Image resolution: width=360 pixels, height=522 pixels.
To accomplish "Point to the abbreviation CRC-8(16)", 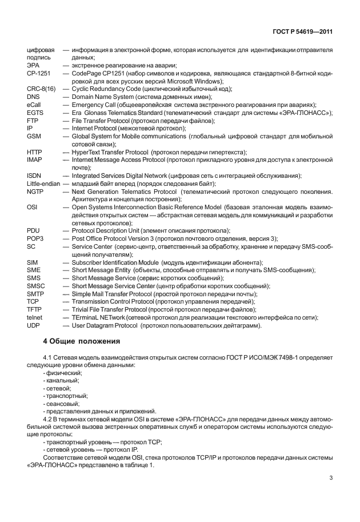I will pyautogui.click(x=41, y=89).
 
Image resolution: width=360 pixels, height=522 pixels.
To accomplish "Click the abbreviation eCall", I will pyautogui.click(x=35, y=105).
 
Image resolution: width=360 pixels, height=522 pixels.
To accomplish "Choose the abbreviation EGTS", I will pyautogui.click(x=35, y=113).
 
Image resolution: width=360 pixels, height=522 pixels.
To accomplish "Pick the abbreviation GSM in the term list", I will pyautogui.click(x=34, y=137).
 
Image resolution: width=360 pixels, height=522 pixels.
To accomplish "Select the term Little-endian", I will pyautogui.click(x=44, y=183).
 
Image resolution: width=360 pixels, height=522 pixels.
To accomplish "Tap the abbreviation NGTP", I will pyautogui.click(x=36, y=191).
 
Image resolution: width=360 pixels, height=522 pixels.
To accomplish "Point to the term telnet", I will pyautogui.click(x=35, y=317).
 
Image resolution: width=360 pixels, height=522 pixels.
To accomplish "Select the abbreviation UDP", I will pyautogui.click(x=34, y=325).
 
